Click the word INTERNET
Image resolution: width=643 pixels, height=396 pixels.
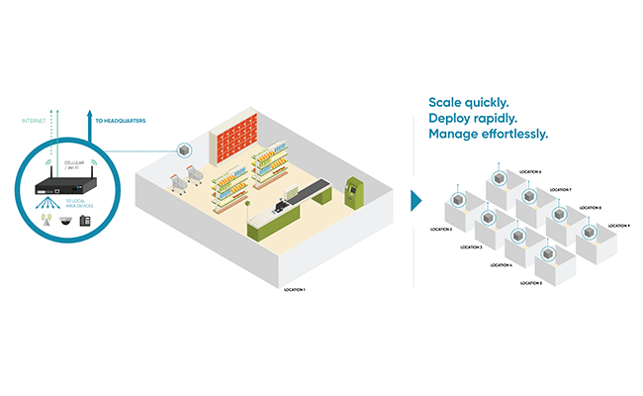click(x=34, y=122)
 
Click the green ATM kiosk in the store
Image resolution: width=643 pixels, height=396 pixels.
click(x=352, y=187)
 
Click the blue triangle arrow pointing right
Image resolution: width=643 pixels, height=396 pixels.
click(x=415, y=201)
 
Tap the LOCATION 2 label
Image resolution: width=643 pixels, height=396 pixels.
click(x=441, y=229)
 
